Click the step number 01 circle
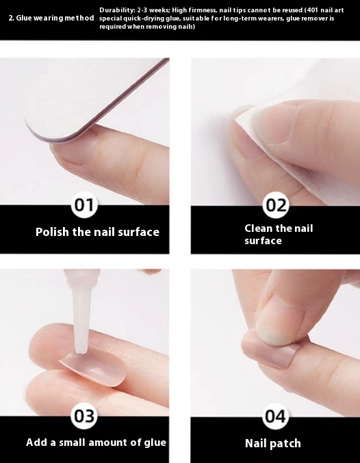(84, 205)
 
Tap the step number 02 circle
(276, 205)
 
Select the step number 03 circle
(84, 416)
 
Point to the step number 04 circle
(276, 416)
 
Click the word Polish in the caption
(52, 232)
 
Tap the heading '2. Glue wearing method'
(51, 18)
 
